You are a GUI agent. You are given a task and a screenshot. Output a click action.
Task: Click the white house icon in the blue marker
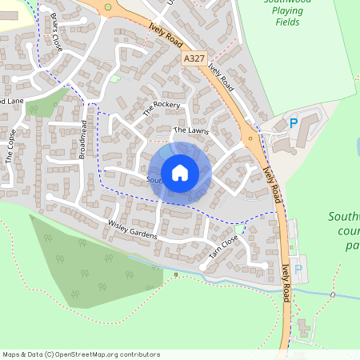(180, 172)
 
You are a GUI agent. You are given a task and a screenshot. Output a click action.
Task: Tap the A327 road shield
(193, 58)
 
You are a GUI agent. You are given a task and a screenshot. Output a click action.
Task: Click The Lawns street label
(190, 130)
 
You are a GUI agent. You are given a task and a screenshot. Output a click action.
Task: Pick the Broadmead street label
(82, 140)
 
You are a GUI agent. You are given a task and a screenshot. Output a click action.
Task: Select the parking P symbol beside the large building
(293, 123)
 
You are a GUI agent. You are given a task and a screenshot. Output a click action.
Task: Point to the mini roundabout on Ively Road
(250, 138)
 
